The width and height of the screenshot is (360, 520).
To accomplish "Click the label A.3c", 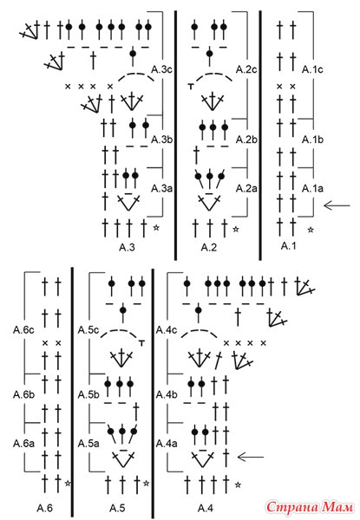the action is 161,69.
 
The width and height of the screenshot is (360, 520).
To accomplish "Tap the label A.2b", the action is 246,140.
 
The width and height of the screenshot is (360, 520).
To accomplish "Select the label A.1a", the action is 312,188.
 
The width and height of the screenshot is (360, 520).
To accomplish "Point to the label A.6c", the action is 23,330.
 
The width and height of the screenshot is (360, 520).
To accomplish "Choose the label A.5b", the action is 88,395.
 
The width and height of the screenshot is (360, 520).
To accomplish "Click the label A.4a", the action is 167,444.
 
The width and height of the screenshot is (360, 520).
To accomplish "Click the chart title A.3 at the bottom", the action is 127,247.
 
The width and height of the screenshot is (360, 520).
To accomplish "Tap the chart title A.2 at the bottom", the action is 209,247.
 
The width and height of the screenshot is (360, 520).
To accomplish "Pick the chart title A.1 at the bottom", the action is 288,246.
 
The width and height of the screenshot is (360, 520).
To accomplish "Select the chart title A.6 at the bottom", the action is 44,508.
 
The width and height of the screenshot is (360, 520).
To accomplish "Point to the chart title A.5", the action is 117,508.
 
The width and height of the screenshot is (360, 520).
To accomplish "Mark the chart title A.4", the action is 206,508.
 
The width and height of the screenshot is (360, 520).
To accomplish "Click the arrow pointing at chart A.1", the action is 337,205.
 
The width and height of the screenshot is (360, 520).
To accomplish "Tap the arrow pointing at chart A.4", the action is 251,457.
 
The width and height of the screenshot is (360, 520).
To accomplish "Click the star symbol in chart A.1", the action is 311,229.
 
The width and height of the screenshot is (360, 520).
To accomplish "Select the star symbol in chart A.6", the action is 68,484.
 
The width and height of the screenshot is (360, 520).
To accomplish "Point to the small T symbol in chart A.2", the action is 191,87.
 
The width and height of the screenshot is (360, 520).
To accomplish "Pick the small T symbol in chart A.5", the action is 142,343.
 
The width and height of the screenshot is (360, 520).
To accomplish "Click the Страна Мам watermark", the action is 309,506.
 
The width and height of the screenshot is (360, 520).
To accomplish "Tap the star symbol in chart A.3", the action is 156,228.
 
